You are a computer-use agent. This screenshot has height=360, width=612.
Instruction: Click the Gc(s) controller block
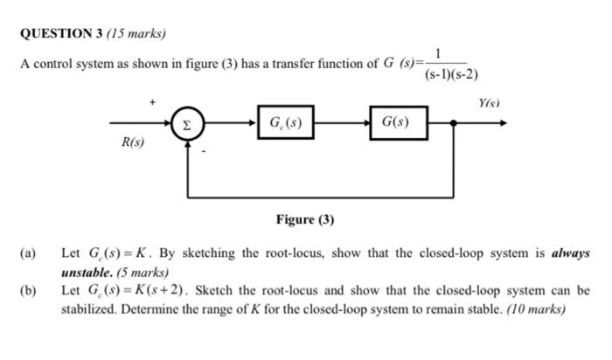[286, 123]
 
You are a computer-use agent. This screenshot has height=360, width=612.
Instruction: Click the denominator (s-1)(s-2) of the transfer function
[450, 74]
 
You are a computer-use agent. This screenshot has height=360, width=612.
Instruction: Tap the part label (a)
[27, 253]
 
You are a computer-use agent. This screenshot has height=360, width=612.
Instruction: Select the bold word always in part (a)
[570, 253]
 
